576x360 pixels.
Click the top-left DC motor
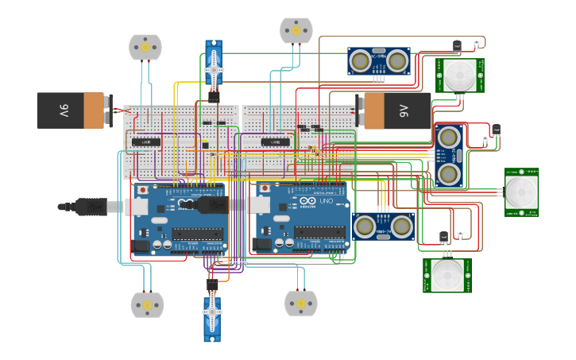click(x=145, y=47)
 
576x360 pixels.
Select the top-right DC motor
click(x=296, y=30)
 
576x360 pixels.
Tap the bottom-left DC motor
click(x=147, y=304)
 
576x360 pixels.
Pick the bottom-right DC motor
click(x=300, y=303)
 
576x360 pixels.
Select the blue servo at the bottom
click(x=212, y=316)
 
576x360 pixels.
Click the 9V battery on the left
click(x=72, y=110)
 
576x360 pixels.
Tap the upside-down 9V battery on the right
click(x=396, y=110)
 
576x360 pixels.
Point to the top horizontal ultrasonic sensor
click(x=379, y=60)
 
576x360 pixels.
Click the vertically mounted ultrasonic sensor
click(x=448, y=154)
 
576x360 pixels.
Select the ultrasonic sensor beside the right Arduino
click(x=384, y=226)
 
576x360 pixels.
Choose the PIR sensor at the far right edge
click(x=522, y=192)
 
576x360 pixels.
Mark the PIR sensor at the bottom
click(x=447, y=275)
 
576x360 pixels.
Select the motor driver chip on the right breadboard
click(x=275, y=142)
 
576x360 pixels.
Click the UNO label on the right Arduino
click(x=327, y=202)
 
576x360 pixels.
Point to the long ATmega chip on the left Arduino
click(x=197, y=234)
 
